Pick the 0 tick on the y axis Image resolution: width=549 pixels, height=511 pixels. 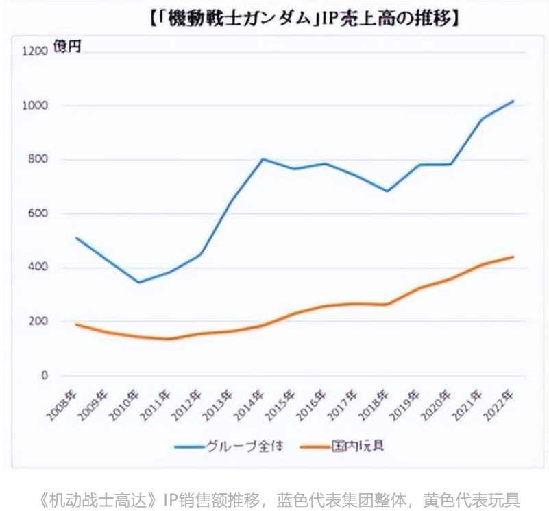coord(45,376)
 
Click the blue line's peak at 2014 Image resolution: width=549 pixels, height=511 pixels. coord(263,159)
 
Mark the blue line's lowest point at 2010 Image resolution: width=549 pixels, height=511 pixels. coord(138,282)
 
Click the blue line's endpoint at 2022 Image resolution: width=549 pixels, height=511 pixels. coord(513,101)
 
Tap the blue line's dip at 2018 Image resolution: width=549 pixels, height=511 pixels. coord(388,191)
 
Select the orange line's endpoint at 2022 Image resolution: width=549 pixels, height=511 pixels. coord(513,257)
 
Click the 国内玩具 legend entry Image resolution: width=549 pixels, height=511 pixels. coord(357,447)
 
